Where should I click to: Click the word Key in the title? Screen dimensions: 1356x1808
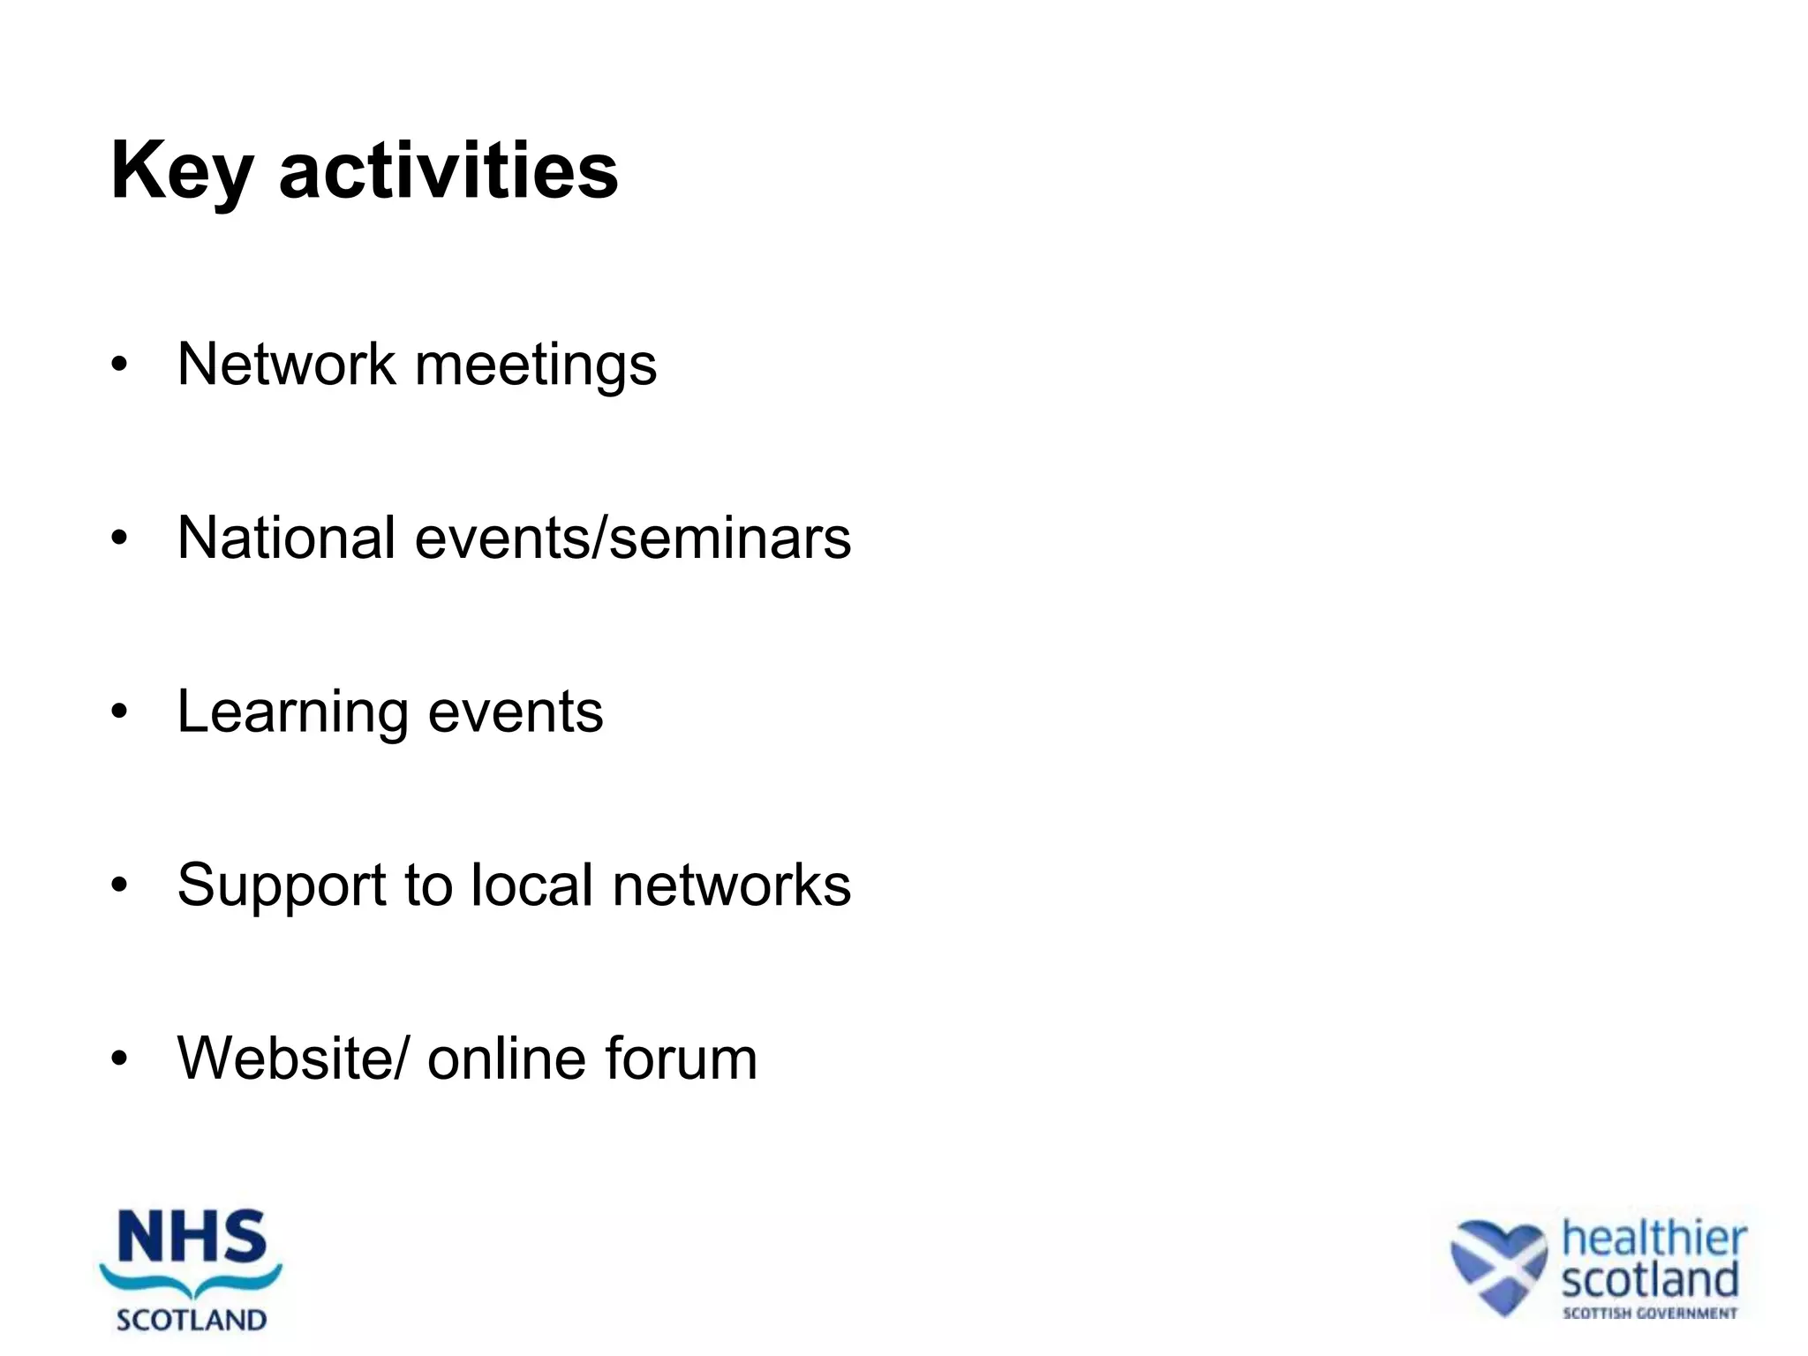[182, 172]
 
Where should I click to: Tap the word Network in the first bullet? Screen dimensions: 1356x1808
[286, 364]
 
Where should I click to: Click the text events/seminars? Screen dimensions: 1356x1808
[632, 538]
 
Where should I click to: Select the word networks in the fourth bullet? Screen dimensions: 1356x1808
[732, 885]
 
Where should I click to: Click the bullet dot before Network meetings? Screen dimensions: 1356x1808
[120, 364]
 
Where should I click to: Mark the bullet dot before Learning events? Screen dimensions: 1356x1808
[120, 712]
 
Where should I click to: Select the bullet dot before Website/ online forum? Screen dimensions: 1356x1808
[120, 1058]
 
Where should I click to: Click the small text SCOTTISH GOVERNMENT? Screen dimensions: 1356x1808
[1649, 1313]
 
